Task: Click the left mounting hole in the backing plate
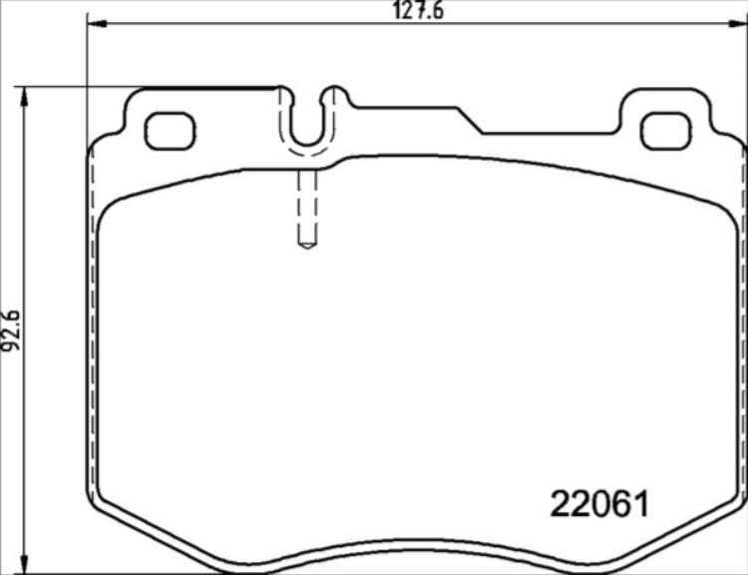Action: pos(167,131)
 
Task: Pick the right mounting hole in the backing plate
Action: pos(663,131)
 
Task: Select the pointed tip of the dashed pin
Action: pos(308,245)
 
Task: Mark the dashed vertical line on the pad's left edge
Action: pos(92,329)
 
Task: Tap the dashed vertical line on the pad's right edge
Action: pos(742,329)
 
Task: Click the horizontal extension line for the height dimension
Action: pos(150,88)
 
